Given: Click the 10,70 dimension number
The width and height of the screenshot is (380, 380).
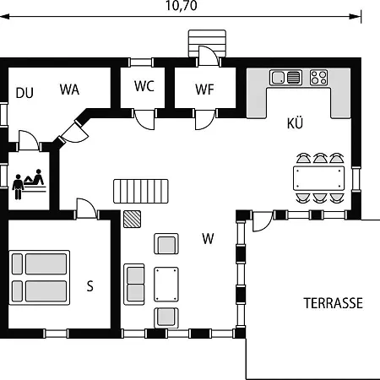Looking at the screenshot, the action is coord(182,6).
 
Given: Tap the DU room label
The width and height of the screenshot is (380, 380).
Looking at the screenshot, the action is coord(24,93).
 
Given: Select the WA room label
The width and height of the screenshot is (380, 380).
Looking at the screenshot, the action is coord(69,90).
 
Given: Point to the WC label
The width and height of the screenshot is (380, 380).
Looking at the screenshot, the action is coord(144,86).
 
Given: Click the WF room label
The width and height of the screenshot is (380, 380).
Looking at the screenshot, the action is coord(204,90).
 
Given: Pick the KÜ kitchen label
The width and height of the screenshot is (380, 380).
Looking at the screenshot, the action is coord(295,123).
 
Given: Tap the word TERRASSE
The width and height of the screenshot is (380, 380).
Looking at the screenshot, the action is coord(334,303).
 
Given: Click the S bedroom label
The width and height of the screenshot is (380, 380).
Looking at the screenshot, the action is coord(90,286).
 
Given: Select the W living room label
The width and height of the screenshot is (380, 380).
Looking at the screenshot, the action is coord(208,239).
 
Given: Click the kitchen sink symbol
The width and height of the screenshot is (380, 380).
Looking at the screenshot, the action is coord(285,78).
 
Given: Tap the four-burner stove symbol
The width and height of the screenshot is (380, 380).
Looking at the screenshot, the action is coord(319,78).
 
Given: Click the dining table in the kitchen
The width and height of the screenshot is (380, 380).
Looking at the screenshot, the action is coord(318,178).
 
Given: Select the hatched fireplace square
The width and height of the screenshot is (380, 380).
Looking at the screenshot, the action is coord(132,219).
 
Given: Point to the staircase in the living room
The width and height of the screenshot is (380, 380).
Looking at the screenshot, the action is coord(141,191).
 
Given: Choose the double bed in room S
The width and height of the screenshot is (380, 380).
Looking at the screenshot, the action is coord(40,278).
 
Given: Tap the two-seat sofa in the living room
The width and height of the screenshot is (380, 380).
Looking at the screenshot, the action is coord(134,285).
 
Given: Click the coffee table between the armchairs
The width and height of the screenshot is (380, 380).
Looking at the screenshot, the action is coord(166,285).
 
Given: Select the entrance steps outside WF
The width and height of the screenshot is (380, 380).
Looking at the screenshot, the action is coord(207,44).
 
